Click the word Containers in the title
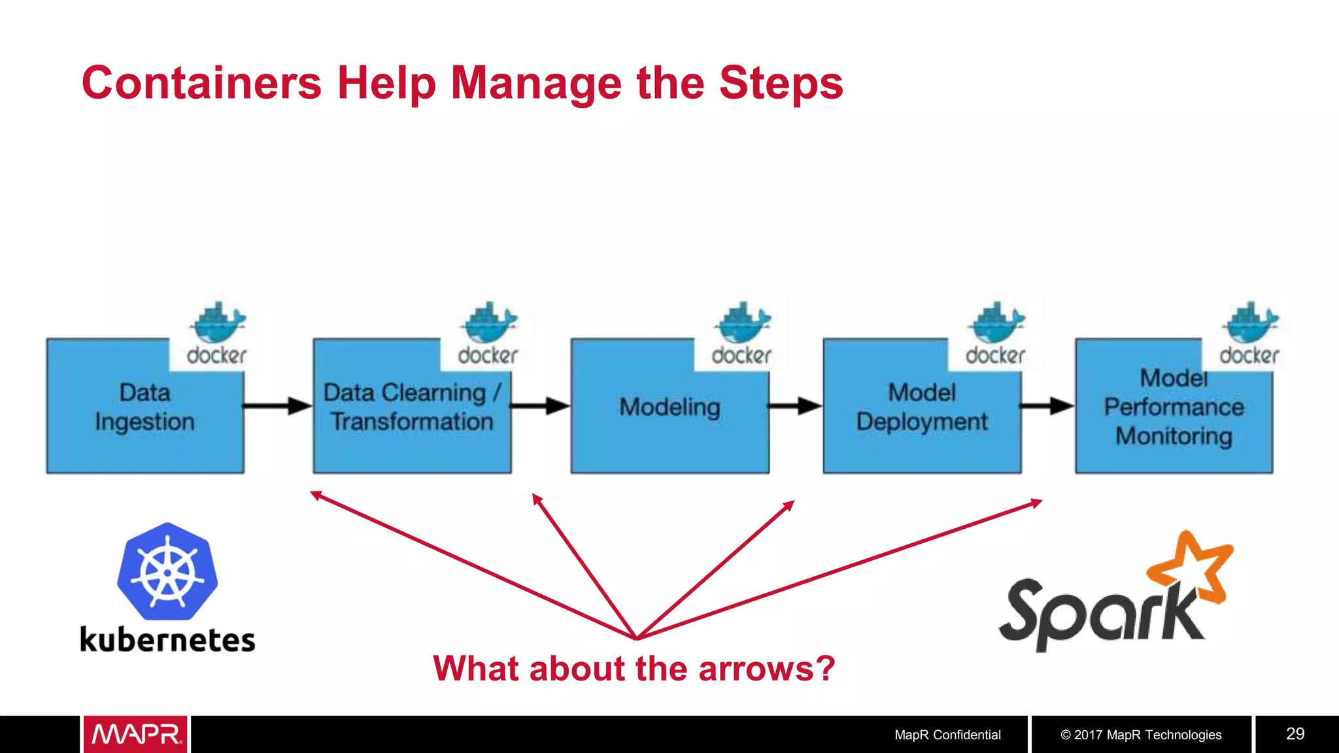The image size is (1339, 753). [x=201, y=84]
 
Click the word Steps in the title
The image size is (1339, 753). [x=781, y=84]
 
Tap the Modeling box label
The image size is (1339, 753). [x=669, y=407]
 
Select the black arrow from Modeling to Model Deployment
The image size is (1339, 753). [x=794, y=406]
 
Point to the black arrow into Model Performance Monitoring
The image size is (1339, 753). [x=1046, y=406]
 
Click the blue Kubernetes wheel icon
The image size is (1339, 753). [x=167, y=572]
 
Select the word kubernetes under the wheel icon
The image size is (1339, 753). [x=167, y=640]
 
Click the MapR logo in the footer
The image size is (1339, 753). [x=135, y=734]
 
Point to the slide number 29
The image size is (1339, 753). [x=1295, y=733]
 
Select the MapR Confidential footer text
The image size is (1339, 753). [x=947, y=735]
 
